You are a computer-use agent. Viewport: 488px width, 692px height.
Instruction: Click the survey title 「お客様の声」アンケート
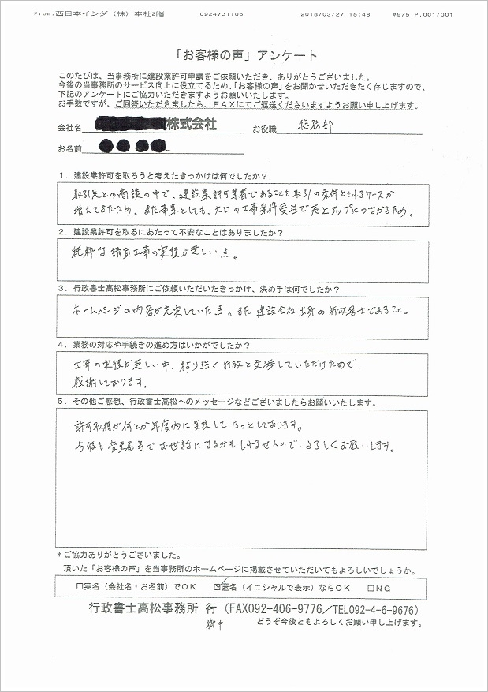click(244, 55)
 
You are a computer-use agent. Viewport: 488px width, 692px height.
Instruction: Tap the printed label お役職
click(265, 128)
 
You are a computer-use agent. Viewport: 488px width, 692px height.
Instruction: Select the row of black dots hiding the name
click(133, 146)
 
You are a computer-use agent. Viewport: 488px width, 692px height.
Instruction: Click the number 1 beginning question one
click(61, 174)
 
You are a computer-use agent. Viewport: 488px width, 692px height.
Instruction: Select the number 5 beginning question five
click(61, 402)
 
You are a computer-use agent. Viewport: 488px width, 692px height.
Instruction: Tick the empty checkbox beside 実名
click(80, 587)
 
